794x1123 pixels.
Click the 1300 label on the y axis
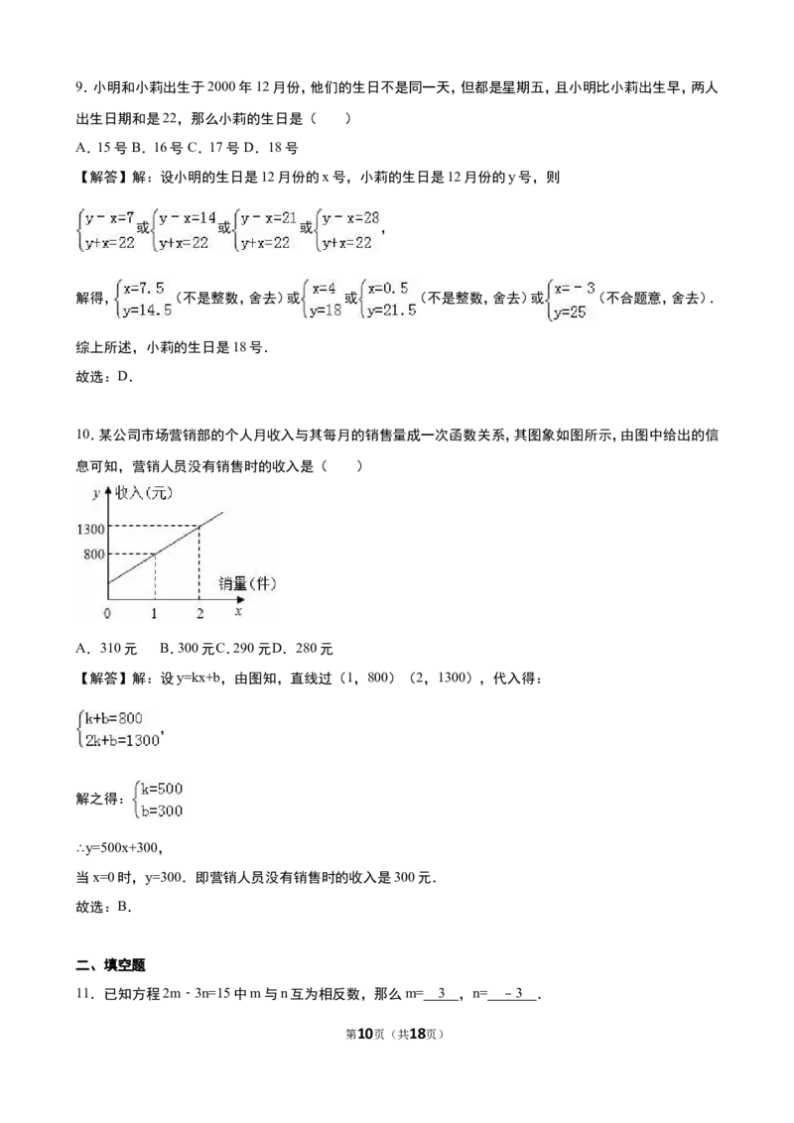tap(90, 530)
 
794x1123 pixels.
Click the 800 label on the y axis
tap(94, 555)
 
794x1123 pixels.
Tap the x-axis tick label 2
tap(199, 613)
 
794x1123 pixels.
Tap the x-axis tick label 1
tap(154, 613)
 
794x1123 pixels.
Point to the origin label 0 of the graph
tap(107, 613)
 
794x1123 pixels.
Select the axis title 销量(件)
tap(247, 583)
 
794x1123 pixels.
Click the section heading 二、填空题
tap(111, 965)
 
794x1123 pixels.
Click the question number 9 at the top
tap(81, 88)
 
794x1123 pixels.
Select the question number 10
tap(83, 436)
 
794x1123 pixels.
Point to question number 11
tap(83, 994)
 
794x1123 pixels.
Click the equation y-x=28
tap(350, 217)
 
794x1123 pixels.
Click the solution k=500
tap(161, 789)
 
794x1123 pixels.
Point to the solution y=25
tap(570, 312)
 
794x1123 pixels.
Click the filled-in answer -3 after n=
tap(513, 994)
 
